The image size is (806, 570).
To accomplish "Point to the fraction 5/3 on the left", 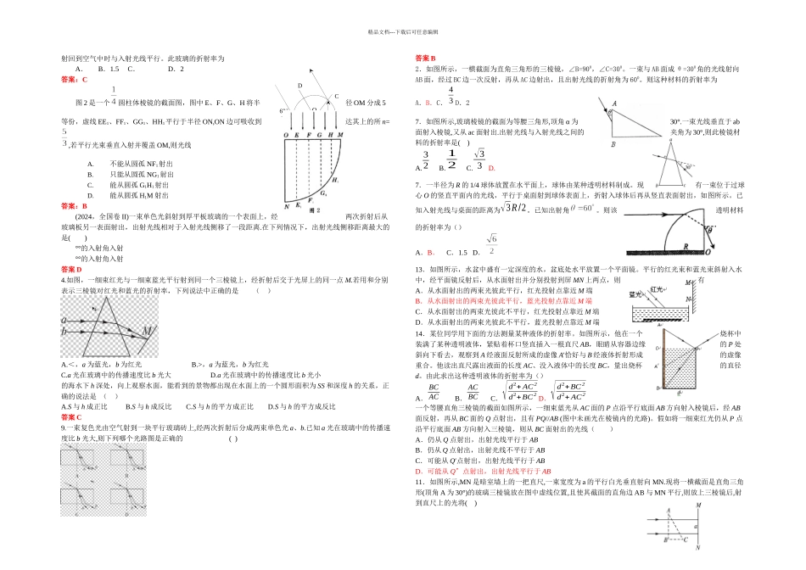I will tap(64, 138).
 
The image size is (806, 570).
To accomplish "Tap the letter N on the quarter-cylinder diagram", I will tap(285, 205).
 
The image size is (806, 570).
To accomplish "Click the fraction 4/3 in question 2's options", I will tap(451, 94).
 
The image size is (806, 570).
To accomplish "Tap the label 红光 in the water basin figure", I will tap(656, 288).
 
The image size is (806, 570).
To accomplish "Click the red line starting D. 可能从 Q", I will tap(483, 471).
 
